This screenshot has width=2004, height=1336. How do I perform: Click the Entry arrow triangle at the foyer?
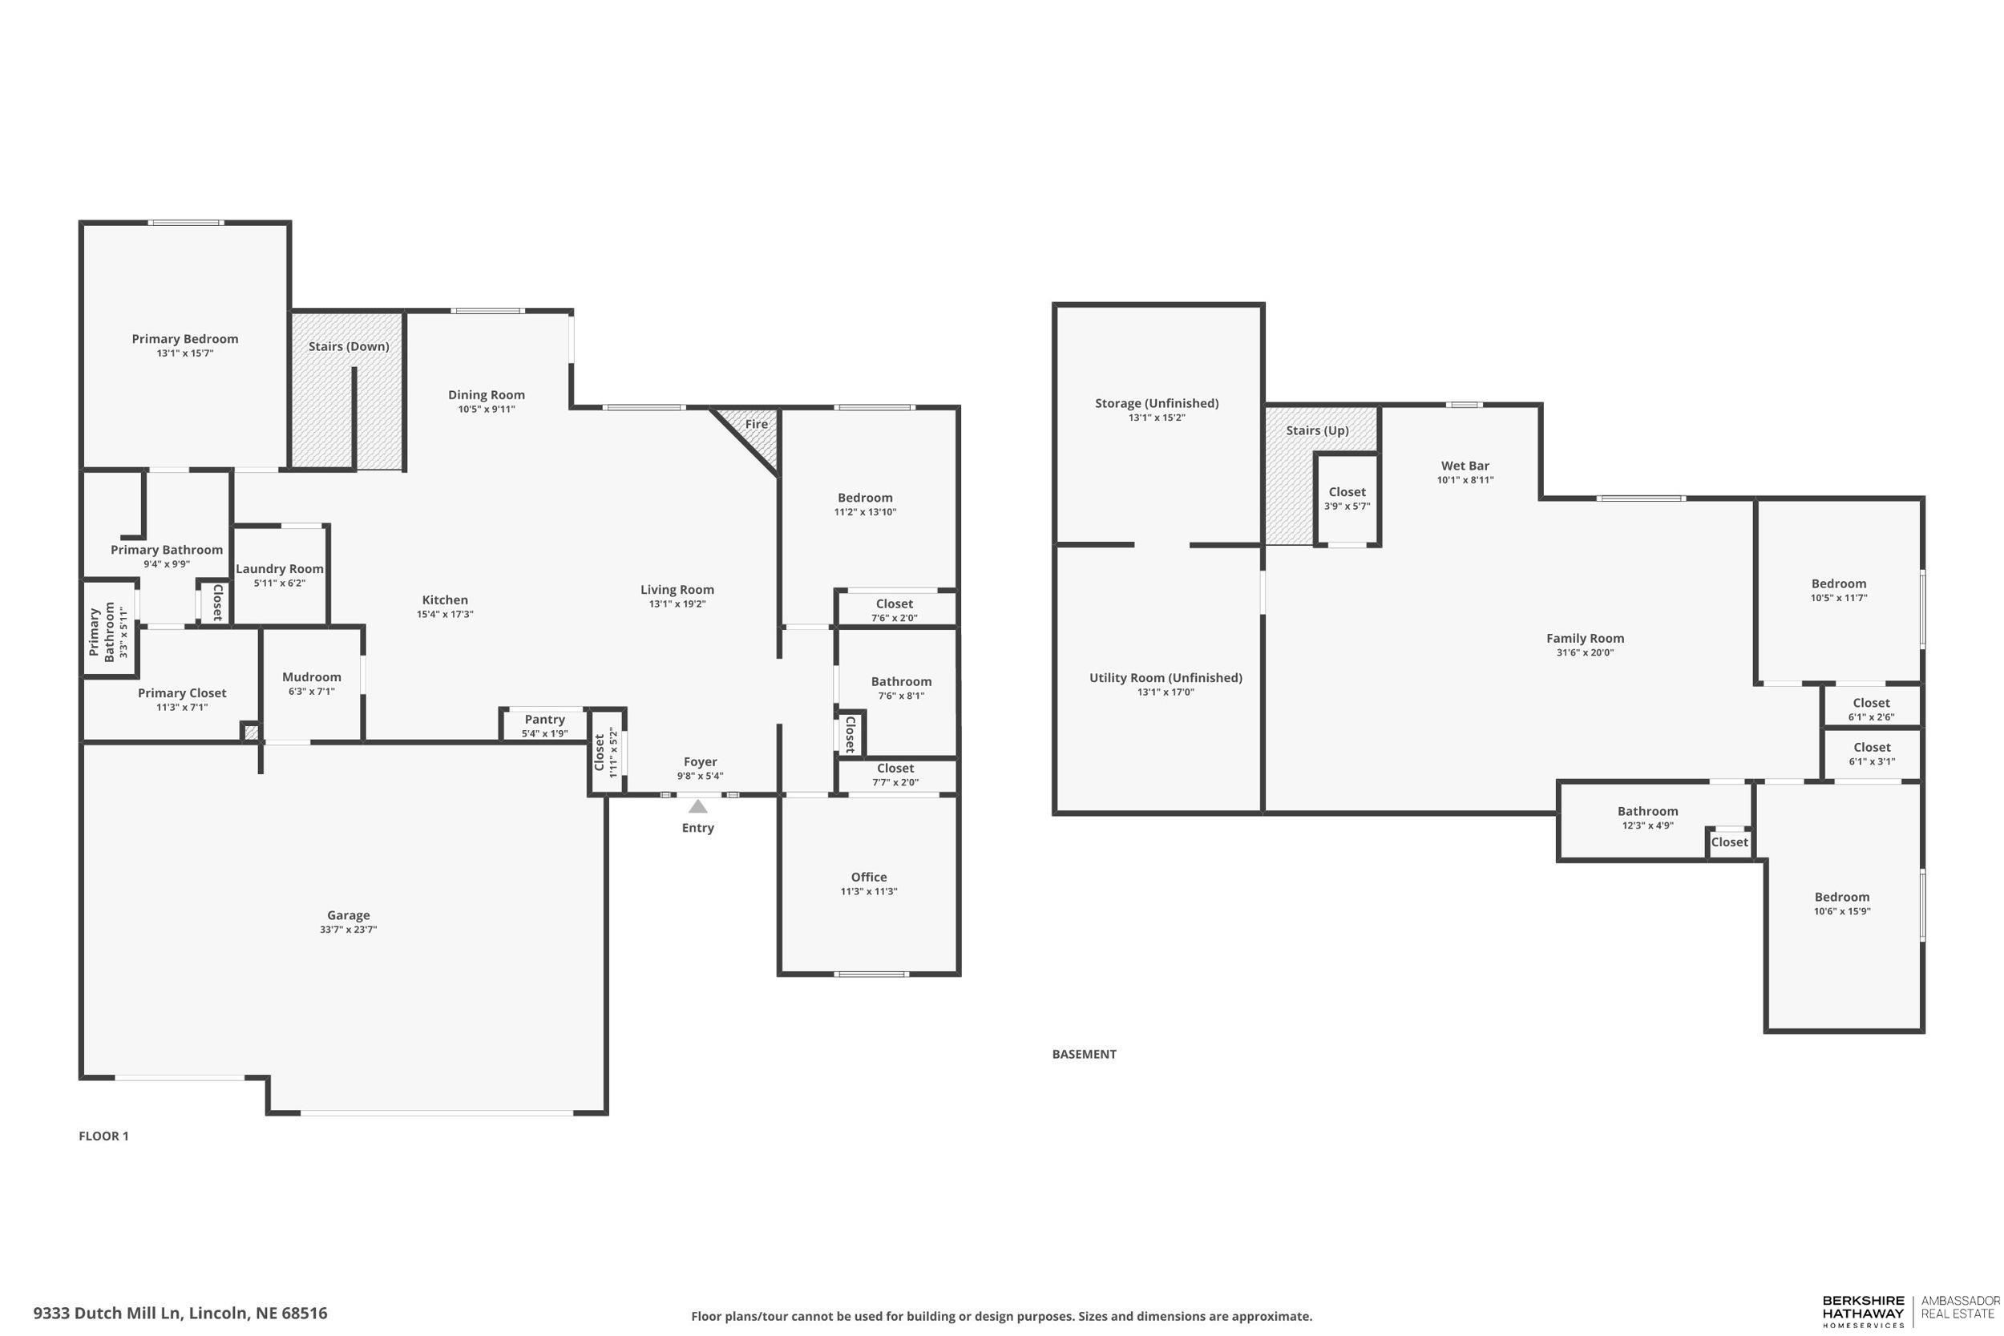tap(698, 806)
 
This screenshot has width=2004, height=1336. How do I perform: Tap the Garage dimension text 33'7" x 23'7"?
tap(349, 930)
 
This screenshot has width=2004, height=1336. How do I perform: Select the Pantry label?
tap(544, 719)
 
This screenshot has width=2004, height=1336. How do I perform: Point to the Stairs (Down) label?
tap(349, 346)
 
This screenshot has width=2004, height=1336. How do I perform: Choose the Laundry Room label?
tap(280, 568)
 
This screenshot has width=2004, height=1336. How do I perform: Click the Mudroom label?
tap(311, 676)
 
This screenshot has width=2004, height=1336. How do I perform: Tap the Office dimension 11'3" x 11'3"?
tap(868, 891)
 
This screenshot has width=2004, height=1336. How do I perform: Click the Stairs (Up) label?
tap(1316, 430)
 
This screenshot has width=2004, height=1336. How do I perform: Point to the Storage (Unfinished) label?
tap(1156, 403)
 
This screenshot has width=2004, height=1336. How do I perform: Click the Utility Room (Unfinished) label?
tap(1165, 677)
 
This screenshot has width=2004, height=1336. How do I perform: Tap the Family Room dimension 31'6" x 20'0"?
tap(1585, 652)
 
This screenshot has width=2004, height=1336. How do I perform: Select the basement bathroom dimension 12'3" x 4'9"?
tap(1647, 825)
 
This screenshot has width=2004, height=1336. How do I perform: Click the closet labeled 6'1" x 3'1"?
tap(1871, 753)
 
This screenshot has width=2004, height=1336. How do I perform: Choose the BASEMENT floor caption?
tap(1084, 1054)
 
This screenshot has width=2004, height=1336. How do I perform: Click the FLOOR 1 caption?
tap(103, 1136)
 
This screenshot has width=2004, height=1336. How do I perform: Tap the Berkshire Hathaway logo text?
tap(1863, 1311)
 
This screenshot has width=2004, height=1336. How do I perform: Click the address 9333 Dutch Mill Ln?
tap(180, 1313)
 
